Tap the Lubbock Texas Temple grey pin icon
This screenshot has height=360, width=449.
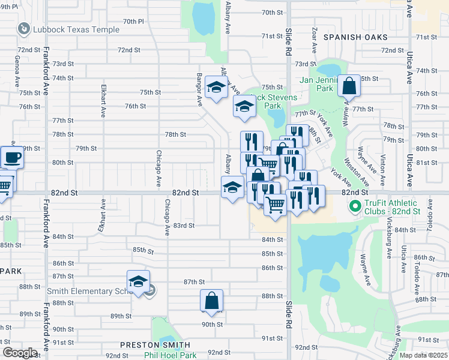point(24,28)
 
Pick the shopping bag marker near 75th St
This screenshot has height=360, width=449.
point(349,87)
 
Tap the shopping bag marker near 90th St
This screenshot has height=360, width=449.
point(212,302)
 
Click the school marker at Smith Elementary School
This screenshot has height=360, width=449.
point(138,283)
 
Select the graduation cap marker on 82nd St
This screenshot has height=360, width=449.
point(233,188)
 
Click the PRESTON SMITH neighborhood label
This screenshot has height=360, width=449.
point(155,345)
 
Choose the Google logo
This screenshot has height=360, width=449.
point(20,353)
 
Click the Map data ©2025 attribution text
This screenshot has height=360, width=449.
point(423,355)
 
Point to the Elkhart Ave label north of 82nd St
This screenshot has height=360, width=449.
point(103,104)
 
